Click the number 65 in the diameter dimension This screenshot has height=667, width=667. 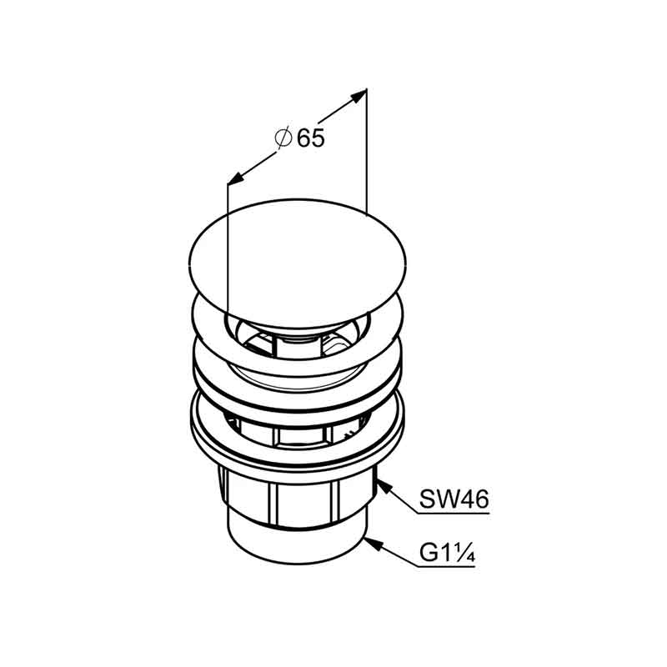[311, 138]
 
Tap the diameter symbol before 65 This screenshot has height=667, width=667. [283, 138]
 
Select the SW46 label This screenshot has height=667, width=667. [454, 499]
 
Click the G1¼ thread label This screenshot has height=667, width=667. [447, 553]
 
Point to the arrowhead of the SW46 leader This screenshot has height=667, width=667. [383, 486]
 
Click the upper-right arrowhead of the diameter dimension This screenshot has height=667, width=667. [358, 96]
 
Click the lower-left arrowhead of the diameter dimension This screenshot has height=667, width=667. [236, 178]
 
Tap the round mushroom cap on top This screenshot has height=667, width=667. [298, 263]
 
